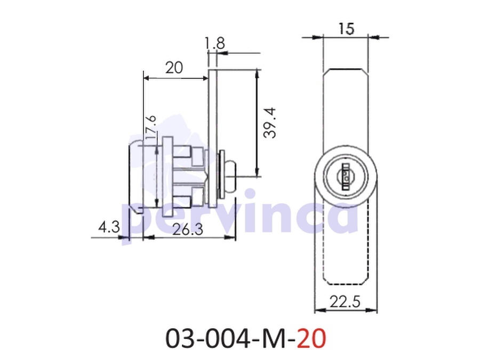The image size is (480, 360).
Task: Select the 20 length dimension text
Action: [174, 67]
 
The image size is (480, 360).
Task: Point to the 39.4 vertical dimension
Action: [270, 123]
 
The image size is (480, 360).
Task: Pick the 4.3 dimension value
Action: [109, 227]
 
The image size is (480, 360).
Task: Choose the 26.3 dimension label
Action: [188, 229]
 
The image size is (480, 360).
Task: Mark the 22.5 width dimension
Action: [345, 302]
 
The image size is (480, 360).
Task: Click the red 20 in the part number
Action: [311, 339]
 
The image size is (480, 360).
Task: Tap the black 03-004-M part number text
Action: [230, 339]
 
